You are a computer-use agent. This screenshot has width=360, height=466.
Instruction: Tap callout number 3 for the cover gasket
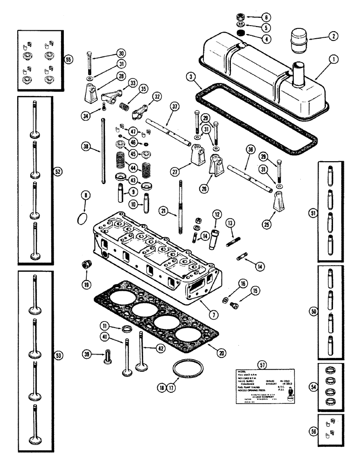coord(190,76)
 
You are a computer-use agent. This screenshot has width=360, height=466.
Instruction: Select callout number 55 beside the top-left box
coord(69,60)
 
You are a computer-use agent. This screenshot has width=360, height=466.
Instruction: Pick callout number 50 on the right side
coord(312,309)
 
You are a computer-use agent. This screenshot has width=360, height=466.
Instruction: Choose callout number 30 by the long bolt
coord(108,53)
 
